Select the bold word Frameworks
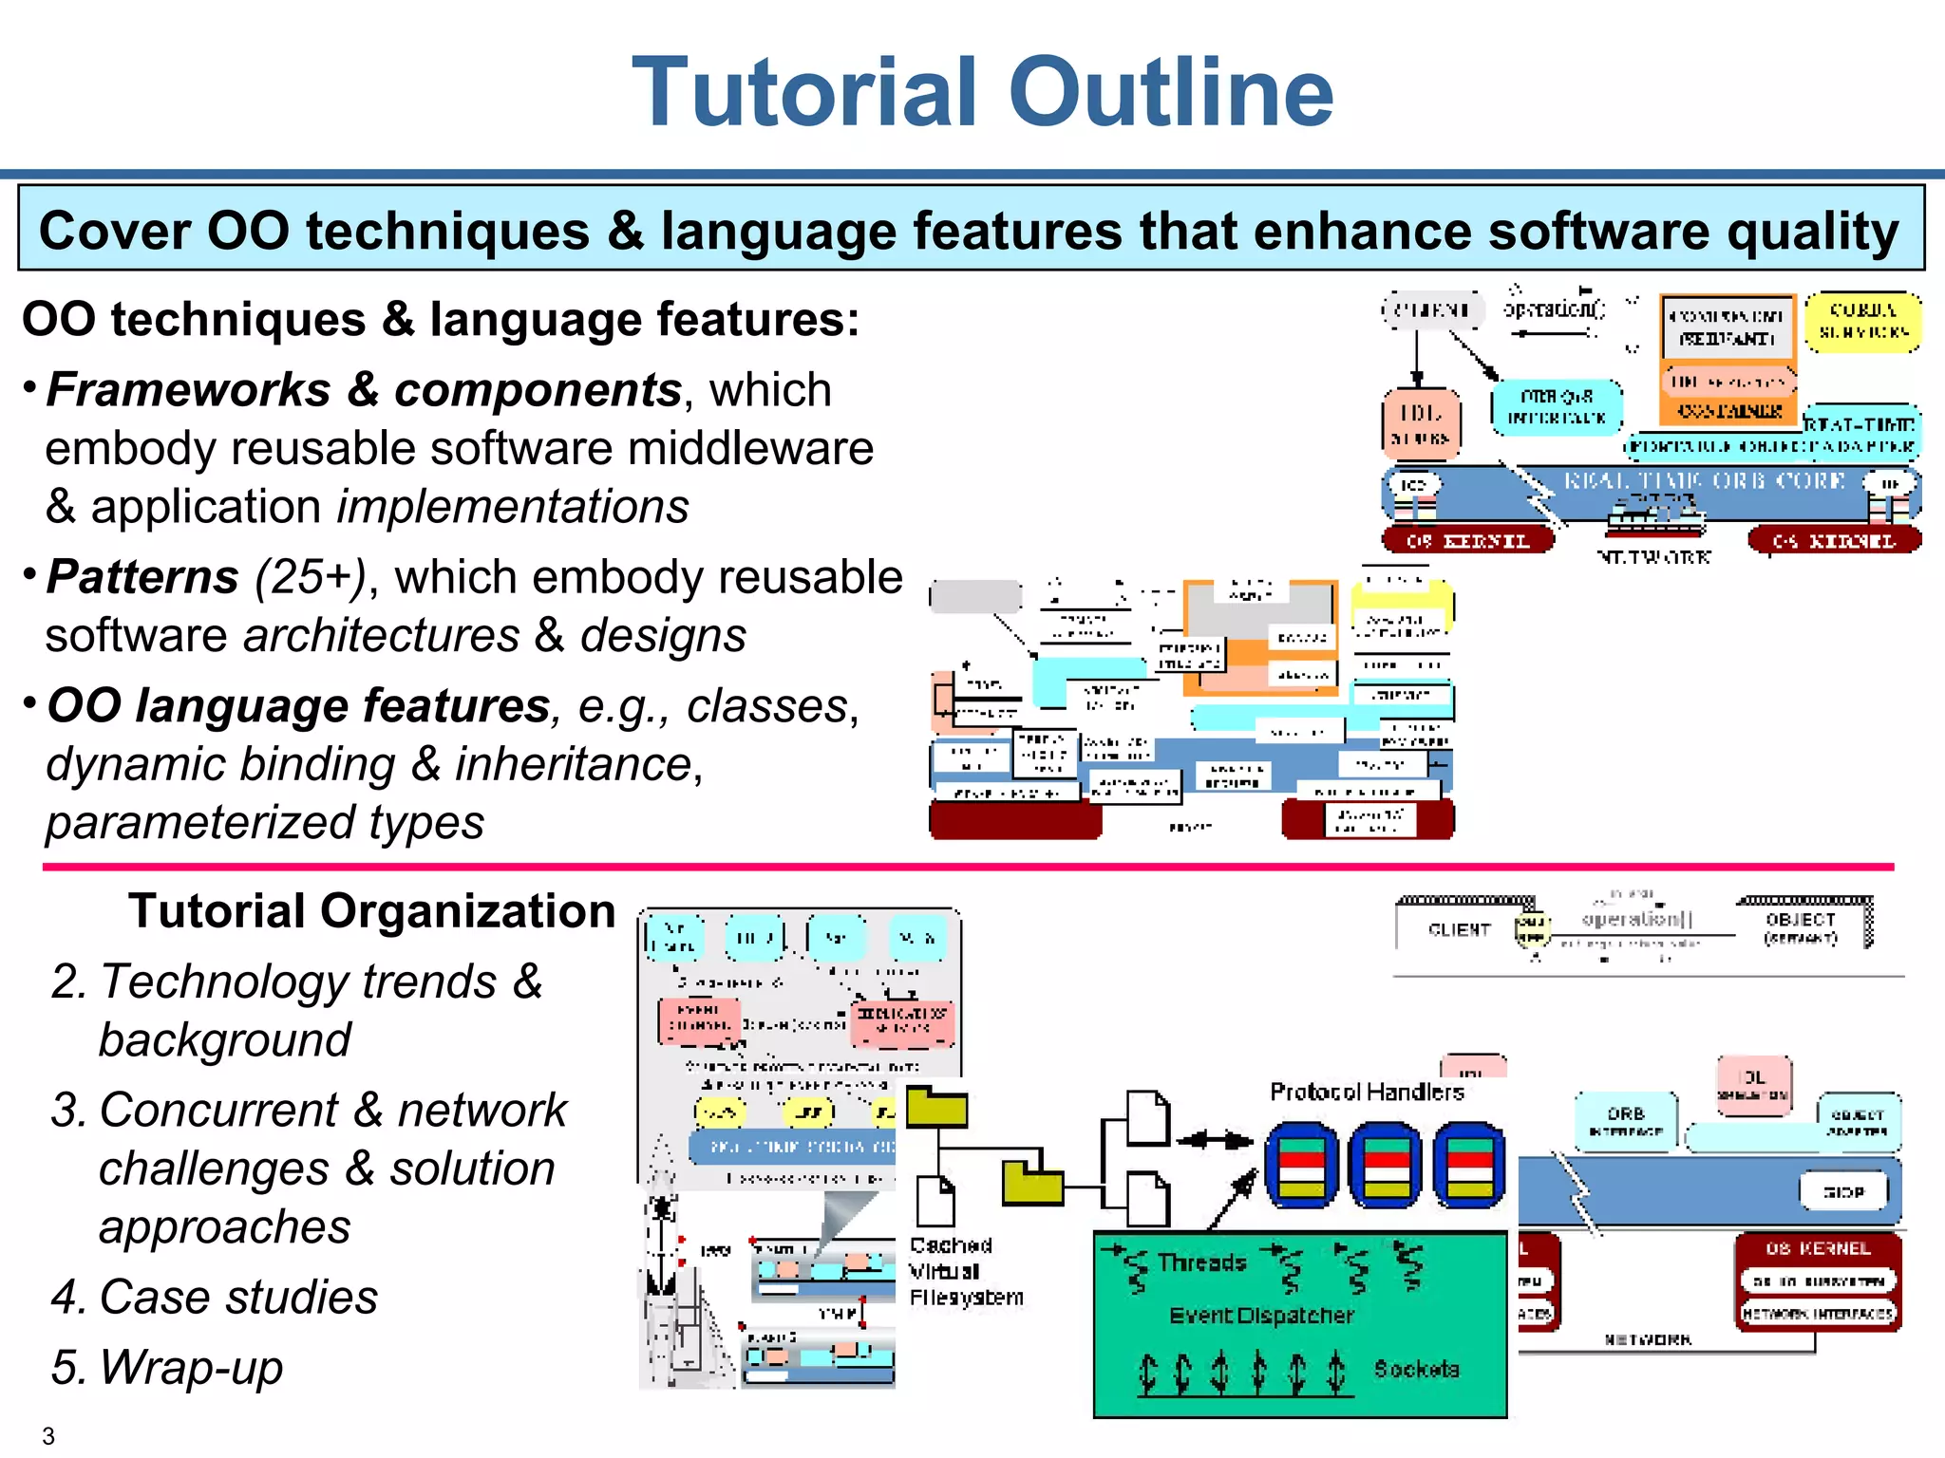pos(187,390)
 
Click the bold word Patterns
pos(142,577)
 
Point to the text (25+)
pos(310,577)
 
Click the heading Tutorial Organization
pos(372,911)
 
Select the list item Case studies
pos(238,1297)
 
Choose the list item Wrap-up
pos(191,1367)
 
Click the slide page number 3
pos(48,1436)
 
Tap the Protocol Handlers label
pos(1367,1093)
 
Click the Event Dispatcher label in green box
pos(1261,1316)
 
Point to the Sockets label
pos(1416,1369)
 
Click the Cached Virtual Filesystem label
pos(966,1271)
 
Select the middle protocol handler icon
pos(1385,1165)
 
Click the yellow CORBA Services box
pos(1862,322)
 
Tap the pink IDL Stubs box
pos(1421,423)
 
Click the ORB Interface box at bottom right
pos(1626,1121)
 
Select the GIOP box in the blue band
pos(1843,1191)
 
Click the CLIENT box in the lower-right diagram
pos(1459,929)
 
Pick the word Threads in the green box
pos(1201,1262)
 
